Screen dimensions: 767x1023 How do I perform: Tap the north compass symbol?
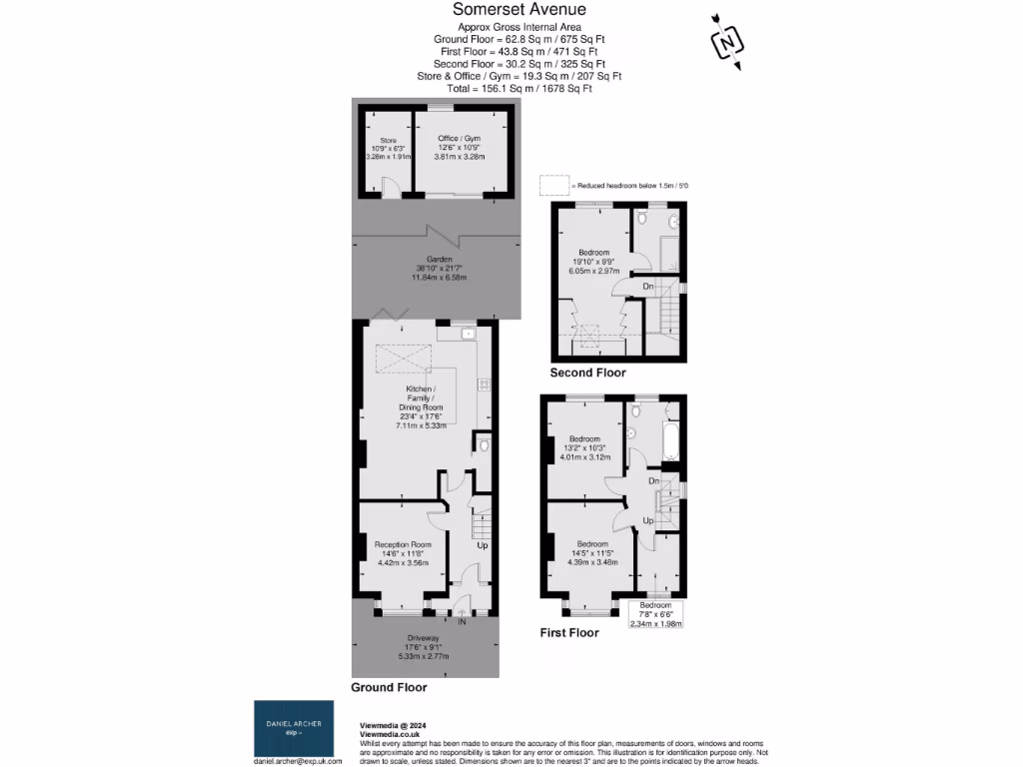(x=727, y=43)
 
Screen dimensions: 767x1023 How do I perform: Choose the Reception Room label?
(x=403, y=544)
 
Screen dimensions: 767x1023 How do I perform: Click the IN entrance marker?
(x=462, y=622)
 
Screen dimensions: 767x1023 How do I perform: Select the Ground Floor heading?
(x=389, y=687)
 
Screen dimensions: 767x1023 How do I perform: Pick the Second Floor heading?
(x=587, y=373)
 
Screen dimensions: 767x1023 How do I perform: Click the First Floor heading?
(x=568, y=632)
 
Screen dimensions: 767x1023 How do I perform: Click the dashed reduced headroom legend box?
(x=552, y=185)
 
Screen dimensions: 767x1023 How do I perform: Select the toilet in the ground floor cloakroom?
(x=484, y=445)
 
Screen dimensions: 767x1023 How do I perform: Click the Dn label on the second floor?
(x=648, y=287)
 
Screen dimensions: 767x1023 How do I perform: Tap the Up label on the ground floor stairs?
(x=482, y=546)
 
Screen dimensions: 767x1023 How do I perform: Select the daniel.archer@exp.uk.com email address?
(x=297, y=760)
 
